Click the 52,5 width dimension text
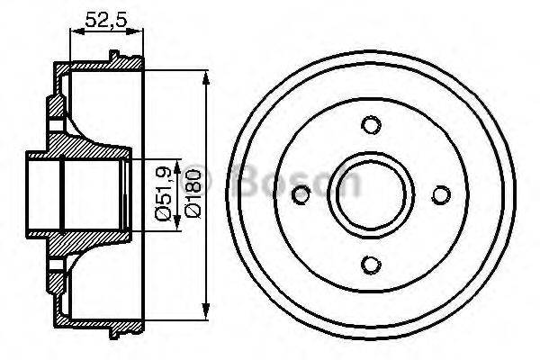point(106,17)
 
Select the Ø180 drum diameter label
point(185,192)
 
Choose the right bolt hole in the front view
point(440,193)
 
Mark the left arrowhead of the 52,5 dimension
point(73,32)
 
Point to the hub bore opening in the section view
point(45,193)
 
